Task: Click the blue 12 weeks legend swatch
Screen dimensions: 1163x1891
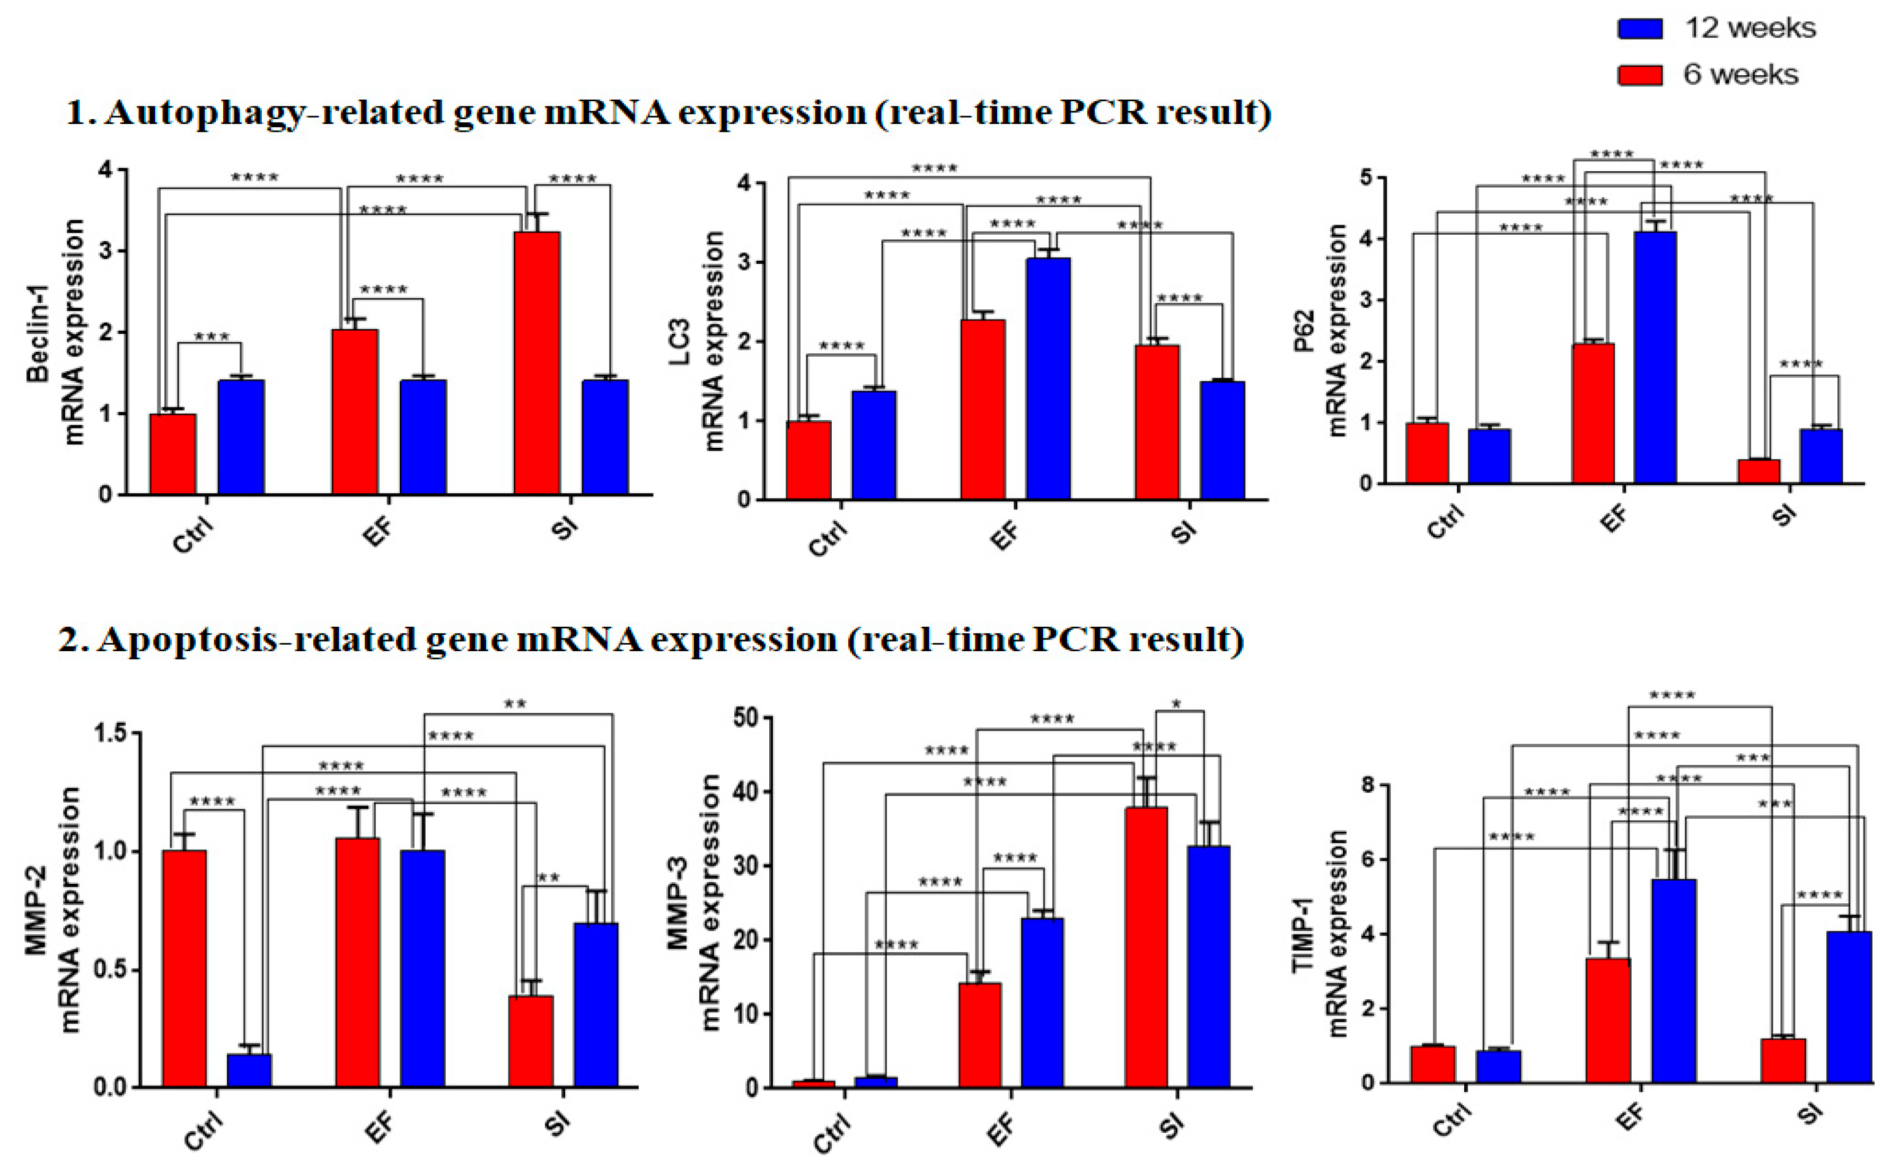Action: (1639, 29)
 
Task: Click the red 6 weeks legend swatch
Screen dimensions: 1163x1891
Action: (1639, 75)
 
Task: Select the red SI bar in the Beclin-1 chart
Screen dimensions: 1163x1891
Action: (536, 361)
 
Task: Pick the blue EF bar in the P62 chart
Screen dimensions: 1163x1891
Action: (1655, 357)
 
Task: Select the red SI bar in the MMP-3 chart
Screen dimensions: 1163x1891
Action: (1145, 946)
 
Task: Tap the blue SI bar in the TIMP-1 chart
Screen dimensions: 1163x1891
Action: (1849, 1008)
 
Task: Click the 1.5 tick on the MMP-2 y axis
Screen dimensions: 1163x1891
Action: (112, 733)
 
